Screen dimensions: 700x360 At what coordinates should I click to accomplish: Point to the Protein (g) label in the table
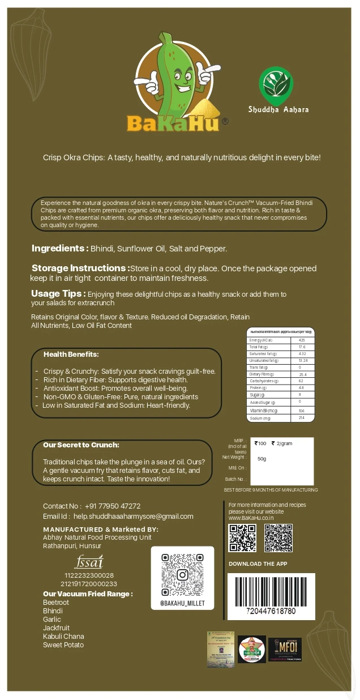pyautogui.click(x=258, y=388)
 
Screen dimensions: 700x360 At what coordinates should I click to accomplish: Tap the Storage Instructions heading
pyautogui.click(x=80, y=268)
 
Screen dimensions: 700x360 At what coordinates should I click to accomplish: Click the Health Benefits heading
pyautogui.click(x=71, y=355)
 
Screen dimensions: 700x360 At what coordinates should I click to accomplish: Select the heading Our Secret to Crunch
pyautogui.click(x=81, y=445)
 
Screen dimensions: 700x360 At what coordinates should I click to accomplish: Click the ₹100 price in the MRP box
pyautogui.click(x=261, y=443)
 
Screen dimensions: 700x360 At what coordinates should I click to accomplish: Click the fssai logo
pyautogui.click(x=89, y=562)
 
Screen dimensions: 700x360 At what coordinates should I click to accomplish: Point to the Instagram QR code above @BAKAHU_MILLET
pyautogui.click(x=182, y=575)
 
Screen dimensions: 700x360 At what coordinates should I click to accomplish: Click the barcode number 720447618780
pyautogui.click(x=271, y=612)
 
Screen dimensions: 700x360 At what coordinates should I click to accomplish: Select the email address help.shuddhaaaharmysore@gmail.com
pyautogui.click(x=133, y=517)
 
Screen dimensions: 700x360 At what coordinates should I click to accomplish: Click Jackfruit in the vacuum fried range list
pyautogui.click(x=56, y=628)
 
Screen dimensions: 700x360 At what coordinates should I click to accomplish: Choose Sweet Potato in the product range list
pyautogui.click(x=63, y=645)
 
